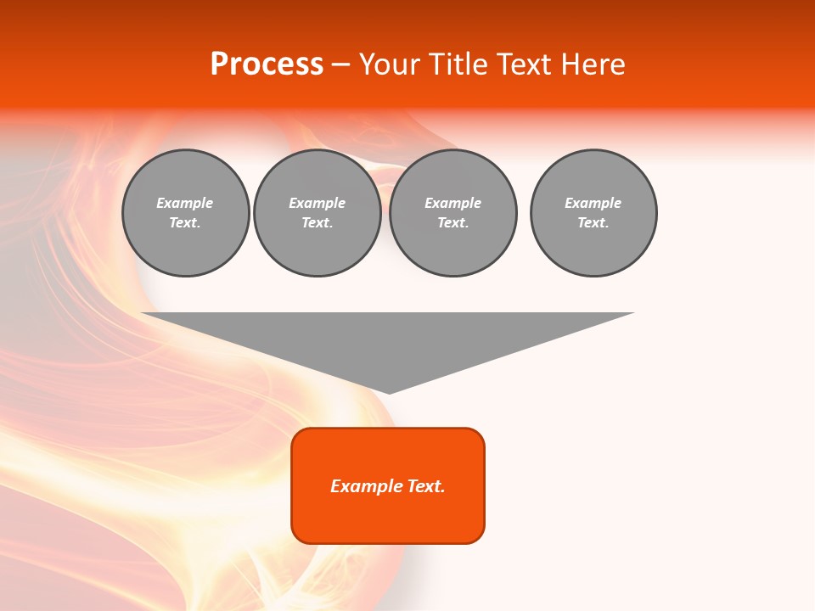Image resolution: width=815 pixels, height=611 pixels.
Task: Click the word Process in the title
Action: [267, 64]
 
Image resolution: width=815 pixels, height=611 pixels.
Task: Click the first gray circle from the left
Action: [185, 213]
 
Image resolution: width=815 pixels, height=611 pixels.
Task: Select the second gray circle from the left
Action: [318, 213]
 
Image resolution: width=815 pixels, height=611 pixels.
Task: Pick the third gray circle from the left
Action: [452, 213]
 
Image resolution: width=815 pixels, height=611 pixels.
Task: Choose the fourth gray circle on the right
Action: [593, 213]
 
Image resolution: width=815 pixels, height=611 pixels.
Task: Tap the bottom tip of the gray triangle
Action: [389, 392]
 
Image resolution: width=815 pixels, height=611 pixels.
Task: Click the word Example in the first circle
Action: [185, 203]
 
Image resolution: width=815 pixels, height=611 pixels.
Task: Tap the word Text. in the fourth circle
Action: [593, 223]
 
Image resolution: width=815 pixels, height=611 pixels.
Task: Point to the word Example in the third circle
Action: [452, 203]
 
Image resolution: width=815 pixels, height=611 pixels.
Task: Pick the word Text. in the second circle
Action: [318, 223]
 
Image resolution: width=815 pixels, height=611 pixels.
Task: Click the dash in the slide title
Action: [341, 64]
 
